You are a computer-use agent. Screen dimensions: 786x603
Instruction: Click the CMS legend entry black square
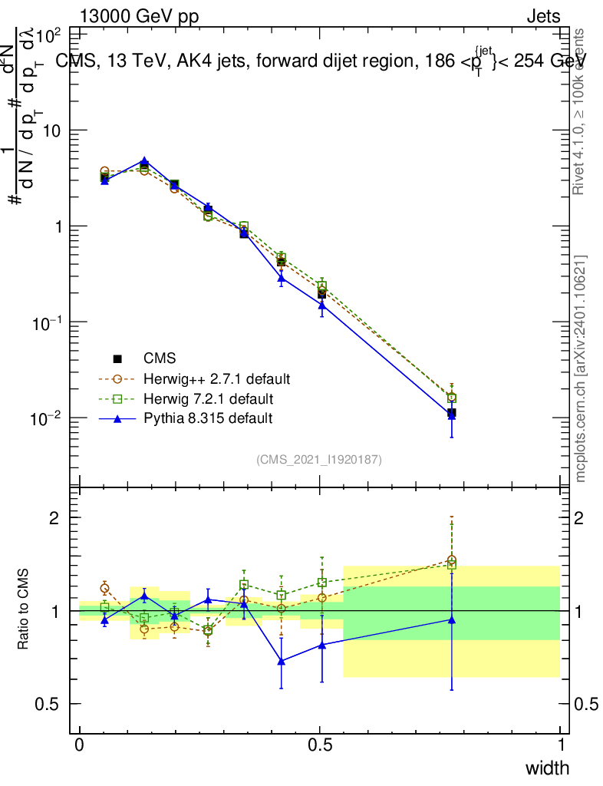(x=118, y=358)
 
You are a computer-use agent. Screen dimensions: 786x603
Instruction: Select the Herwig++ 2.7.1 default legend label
(x=216, y=379)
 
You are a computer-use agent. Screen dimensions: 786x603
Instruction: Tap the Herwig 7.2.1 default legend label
(x=209, y=399)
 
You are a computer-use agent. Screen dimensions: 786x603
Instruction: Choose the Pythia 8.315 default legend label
(x=208, y=419)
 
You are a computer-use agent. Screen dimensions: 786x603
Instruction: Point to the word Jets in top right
(x=542, y=17)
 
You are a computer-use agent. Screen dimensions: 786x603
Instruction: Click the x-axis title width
(x=547, y=768)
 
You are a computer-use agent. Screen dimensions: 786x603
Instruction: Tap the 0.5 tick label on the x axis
(x=320, y=745)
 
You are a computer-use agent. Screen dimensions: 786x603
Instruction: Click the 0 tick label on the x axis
(x=80, y=745)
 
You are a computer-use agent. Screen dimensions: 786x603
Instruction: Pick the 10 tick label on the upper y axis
(x=51, y=130)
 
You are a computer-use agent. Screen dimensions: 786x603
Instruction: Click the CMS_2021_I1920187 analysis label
(x=319, y=459)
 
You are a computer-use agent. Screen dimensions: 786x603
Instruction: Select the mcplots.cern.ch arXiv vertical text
(x=581, y=368)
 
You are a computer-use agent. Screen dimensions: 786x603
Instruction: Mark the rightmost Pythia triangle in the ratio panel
(x=452, y=619)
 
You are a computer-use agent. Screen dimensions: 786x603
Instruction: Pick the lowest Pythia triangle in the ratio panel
(x=282, y=661)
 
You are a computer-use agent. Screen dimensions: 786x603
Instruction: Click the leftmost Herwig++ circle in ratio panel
(x=104, y=588)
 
